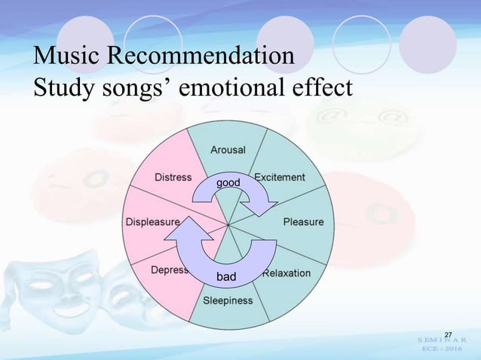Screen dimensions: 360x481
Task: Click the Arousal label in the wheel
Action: [227, 150]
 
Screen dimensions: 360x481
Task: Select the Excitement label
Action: [279, 178]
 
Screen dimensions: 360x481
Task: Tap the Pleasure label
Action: [303, 222]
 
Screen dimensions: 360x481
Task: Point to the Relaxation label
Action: [286, 273]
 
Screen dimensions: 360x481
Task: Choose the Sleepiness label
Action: [228, 301]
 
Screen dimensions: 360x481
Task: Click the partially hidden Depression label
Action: [170, 270]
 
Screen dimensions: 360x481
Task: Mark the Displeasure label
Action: [152, 223]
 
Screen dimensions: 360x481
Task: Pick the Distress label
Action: [173, 178]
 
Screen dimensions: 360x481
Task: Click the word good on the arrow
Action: [228, 183]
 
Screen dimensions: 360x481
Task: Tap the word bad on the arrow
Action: [226, 277]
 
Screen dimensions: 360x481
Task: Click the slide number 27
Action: [448, 334]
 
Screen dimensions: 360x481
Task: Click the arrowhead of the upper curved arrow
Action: [266, 203]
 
